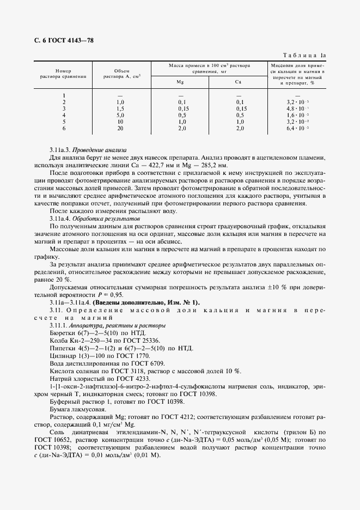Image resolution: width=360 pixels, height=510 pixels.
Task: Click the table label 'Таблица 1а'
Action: (306, 55)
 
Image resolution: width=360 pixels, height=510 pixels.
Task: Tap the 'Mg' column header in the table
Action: (180, 82)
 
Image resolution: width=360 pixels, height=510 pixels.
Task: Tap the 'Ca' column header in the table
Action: (238, 82)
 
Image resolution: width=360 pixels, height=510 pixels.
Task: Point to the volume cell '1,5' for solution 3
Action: (120, 108)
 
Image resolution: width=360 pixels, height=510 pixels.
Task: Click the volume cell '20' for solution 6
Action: (120, 128)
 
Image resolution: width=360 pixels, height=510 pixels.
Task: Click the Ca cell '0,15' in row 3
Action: (241, 108)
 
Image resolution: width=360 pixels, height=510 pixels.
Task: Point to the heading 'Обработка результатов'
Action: (101, 218)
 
